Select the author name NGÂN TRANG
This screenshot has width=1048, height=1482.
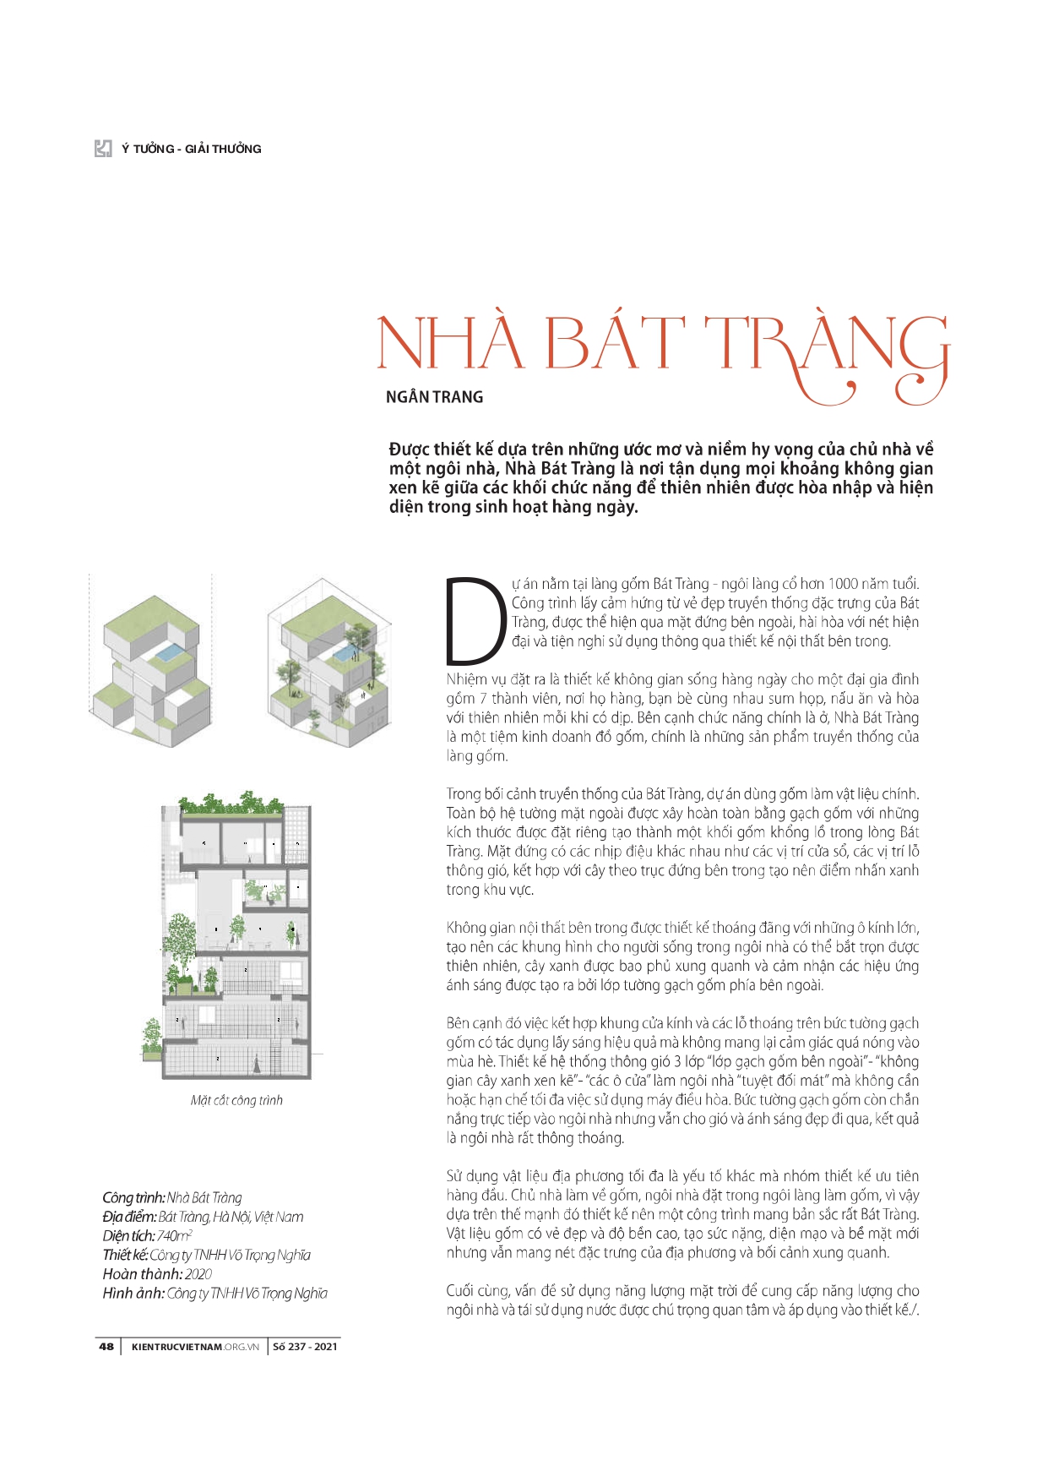click(434, 397)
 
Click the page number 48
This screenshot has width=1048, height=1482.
click(106, 1346)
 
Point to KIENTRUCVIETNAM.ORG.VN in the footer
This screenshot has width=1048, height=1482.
click(195, 1346)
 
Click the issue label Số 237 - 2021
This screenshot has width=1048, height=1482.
click(305, 1346)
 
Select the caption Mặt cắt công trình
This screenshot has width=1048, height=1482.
click(236, 1100)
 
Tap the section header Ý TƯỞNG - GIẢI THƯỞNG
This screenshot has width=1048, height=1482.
click(191, 149)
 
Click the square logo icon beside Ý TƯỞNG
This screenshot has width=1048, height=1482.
click(103, 149)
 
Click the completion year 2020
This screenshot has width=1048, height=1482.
click(198, 1273)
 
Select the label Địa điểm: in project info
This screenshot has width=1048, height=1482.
click(128, 1217)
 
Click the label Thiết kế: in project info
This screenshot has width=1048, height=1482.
click(125, 1255)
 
